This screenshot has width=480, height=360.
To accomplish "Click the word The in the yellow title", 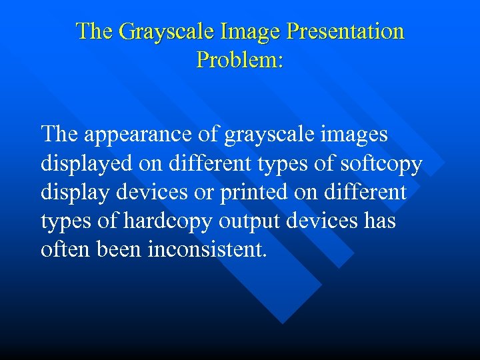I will (x=93, y=32).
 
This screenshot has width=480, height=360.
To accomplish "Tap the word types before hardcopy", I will (x=65, y=221).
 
